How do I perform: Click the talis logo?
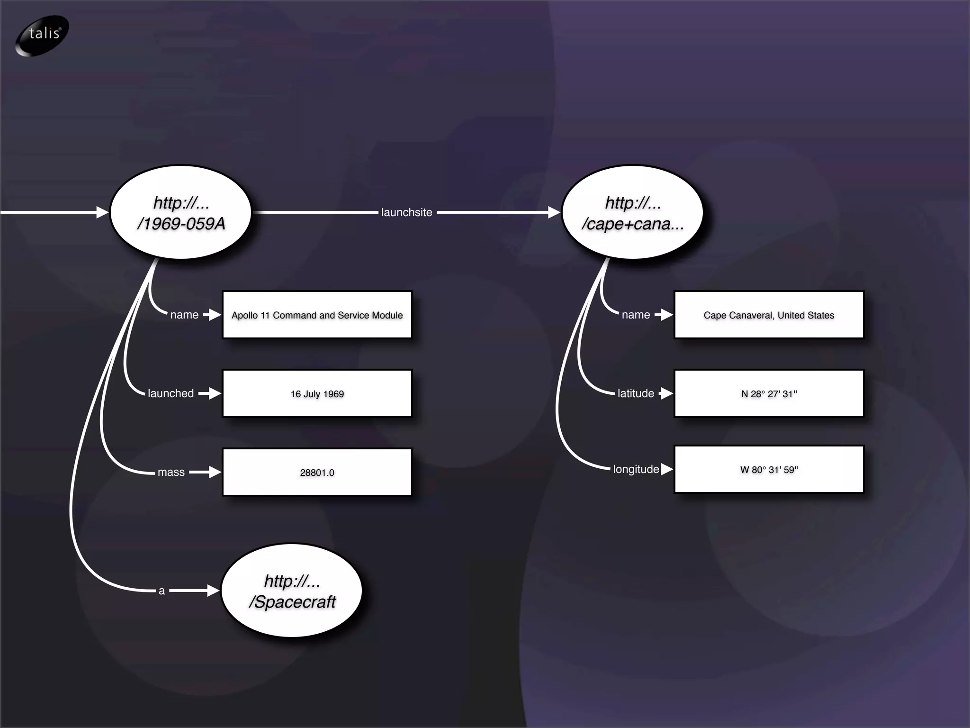coord(42,35)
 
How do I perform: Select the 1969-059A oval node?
coord(180,212)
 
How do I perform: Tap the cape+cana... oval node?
coord(632,212)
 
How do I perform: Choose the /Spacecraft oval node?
coord(292,591)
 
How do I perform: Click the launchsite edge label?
coord(406,212)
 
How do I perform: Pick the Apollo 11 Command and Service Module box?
coord(317,315)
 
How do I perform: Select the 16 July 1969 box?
coord(317,393)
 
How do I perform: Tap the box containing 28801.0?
coord(317,472)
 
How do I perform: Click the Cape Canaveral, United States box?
coord(769,315)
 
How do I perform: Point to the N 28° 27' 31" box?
coord(769,393)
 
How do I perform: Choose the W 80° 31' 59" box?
coord(769,469)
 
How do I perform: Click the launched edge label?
coord(171,393)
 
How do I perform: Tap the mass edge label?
coord(171,472)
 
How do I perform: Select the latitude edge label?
coord(636,393)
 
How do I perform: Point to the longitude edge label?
coord(636,469)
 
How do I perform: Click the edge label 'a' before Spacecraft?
coord(162,591)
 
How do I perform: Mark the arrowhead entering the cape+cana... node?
coord(554,212)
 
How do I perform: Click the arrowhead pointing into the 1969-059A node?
coord(102,212)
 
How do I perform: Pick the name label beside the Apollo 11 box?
coord(184,315)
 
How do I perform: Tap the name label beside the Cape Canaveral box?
coord(636,315)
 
